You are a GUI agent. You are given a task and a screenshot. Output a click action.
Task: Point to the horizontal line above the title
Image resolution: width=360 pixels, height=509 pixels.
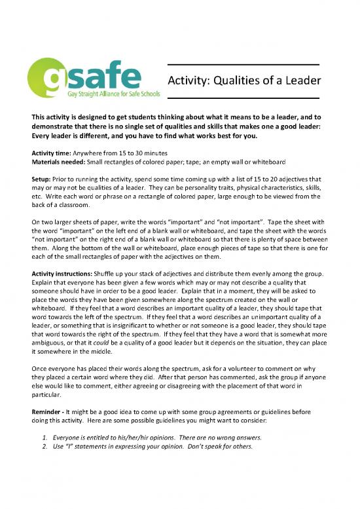coord(243,64)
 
